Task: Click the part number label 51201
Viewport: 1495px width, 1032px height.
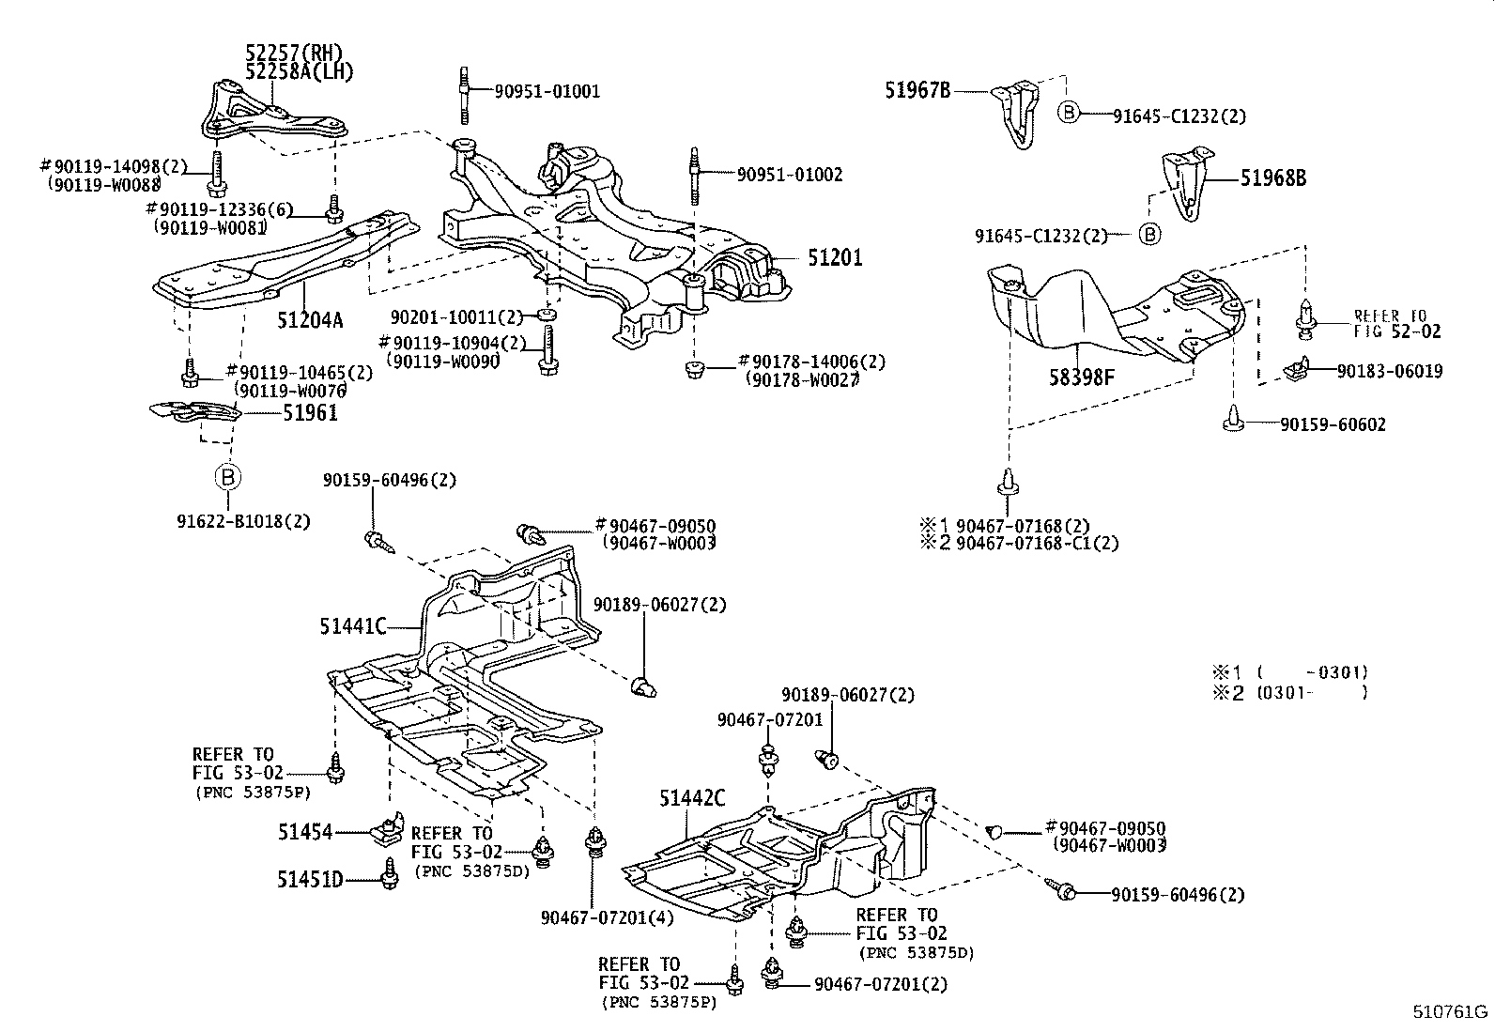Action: [x=834, y=258]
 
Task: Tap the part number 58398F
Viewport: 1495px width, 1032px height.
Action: [x=1082, y=378]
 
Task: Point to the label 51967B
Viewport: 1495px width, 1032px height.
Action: [x=917, y=91]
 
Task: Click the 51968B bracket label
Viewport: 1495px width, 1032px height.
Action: [x=1272, y=178]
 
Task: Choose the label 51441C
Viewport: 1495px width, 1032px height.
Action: [x=355, y=626]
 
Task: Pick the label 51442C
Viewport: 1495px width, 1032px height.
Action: [x=692, y=799]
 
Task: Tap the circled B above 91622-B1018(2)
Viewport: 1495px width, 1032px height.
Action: [x=228, y=477]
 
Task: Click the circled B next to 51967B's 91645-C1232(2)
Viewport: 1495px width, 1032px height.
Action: [x=1069, y=113]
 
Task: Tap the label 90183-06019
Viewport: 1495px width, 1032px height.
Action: [x=1390, y=371]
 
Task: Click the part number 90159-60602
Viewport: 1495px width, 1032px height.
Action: [x=1333, y=425]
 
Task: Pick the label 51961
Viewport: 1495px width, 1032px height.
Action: [x=310, y=412]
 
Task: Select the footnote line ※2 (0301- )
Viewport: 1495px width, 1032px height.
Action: [x=1287, y=693]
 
